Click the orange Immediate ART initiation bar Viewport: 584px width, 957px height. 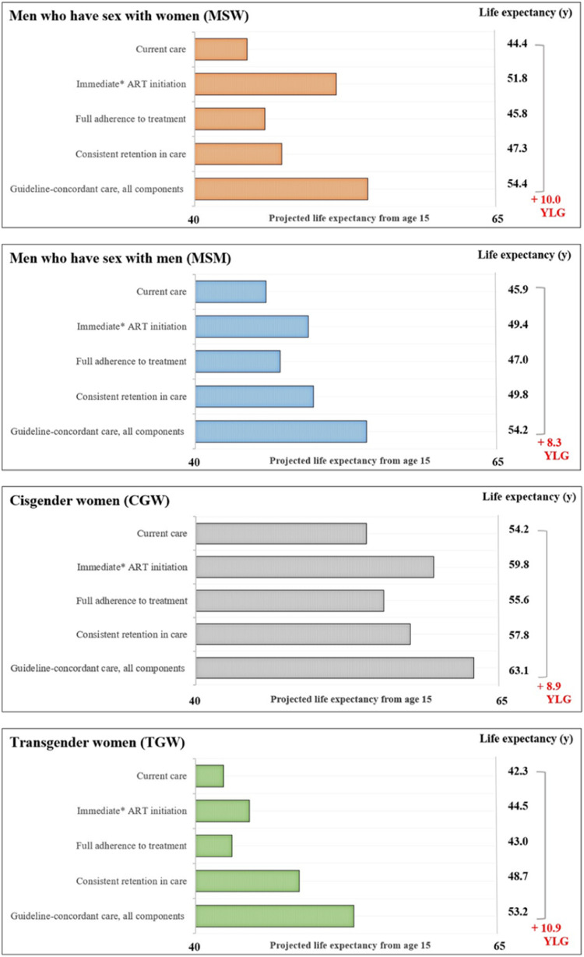[265, 84]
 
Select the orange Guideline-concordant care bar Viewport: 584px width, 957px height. [280, 189]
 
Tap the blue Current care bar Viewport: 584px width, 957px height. [230, 291]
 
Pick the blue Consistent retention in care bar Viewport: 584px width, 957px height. [254, 396]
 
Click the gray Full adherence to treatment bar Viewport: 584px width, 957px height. [290, 601]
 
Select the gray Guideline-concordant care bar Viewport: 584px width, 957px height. [335, 668]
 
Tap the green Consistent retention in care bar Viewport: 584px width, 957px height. [248, 881]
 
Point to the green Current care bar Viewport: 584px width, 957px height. [209, 776]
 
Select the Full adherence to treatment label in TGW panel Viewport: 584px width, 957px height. [132, 846]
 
